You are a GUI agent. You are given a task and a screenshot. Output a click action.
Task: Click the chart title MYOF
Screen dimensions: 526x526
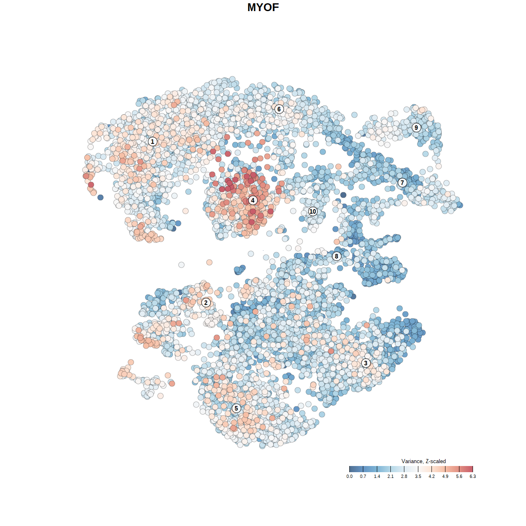coord(263,7)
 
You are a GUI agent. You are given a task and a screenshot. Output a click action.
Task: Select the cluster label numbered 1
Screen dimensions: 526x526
coord(152,141)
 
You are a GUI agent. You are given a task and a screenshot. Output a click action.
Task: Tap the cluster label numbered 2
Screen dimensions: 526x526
coord(206,303)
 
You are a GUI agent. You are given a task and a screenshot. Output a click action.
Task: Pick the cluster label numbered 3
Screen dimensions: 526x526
coord(366,363)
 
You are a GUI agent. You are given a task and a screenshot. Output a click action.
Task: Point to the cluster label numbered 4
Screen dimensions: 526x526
coord(253,200)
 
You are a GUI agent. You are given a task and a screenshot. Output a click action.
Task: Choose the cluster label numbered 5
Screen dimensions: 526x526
coord(236,408)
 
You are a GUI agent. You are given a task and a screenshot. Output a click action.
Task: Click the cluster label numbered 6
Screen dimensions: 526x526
coord(279,109)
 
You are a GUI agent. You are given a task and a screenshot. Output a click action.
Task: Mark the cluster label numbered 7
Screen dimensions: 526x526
coord(402,182)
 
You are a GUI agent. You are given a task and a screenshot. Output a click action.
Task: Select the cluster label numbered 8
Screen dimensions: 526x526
coord(337,256)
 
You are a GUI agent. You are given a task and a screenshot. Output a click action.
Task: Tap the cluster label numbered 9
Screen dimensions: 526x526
coord(416,127)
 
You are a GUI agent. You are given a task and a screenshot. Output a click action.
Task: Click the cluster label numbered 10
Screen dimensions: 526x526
coord(313,211)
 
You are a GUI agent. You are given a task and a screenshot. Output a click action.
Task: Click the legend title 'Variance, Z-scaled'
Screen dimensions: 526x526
coord(423,461)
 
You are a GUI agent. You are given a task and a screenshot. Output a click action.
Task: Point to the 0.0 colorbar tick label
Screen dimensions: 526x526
coord(349,477)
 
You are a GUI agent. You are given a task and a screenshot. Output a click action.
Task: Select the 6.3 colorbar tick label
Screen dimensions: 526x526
coord(473,477)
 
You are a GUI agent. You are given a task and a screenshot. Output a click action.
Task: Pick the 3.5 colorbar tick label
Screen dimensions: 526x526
coord(418,477)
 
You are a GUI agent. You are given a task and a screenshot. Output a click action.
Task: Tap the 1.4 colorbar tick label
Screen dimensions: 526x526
coord(377,477)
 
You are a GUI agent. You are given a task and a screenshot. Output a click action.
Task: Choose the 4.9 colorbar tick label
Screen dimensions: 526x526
coord(445,477)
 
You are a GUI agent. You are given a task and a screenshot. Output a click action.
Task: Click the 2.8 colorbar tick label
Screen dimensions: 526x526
coord(404,477)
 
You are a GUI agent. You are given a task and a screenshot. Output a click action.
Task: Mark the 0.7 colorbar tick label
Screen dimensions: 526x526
coord(363,477)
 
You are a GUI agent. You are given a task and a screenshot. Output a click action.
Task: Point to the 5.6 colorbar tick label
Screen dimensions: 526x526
coord(459,477)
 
